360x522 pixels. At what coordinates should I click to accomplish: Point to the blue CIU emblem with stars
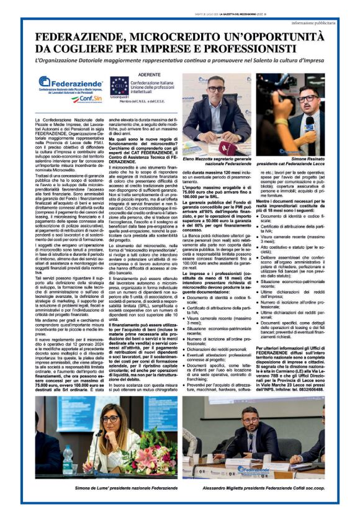pos(120,86)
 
